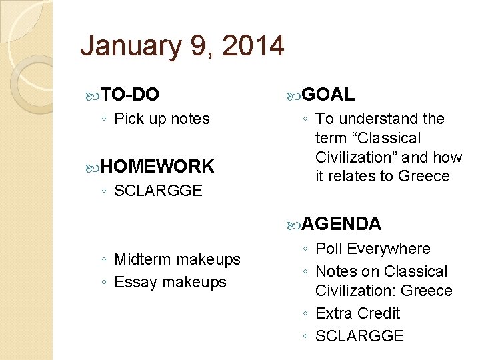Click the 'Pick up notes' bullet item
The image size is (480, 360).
(x=162, y=119)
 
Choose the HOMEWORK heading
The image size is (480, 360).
(x=158, y=167)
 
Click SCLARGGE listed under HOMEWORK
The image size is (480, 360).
(x=158, y=191)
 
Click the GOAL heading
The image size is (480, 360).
(x=329, y=95)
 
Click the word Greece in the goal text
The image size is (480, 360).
(x=424, y=177)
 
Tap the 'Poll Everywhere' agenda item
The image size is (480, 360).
(x=373, y=249)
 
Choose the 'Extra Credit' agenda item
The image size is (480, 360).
(x=357, y=313)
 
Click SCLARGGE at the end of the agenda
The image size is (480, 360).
(x=359, y=336)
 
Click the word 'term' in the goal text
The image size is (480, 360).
(x=331, y=139)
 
